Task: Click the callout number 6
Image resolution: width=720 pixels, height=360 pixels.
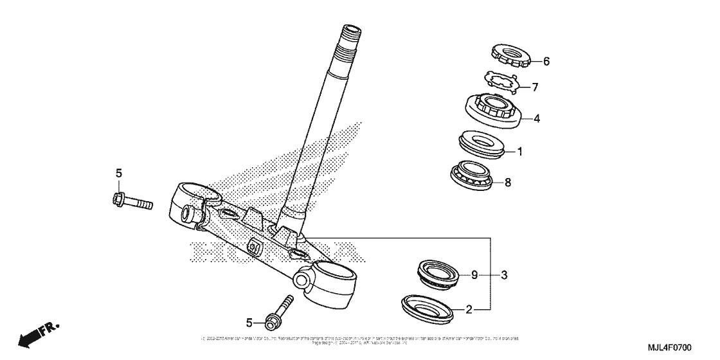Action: pos(546,62)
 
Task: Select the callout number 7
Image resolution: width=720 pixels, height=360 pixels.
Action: pos(535,87)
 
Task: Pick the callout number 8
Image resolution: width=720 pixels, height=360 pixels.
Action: pos(507,182)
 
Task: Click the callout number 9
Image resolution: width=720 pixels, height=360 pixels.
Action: pos(474,275)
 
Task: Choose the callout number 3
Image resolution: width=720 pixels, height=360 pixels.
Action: pos(505,275)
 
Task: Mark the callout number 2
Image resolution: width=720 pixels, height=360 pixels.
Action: pos(469,310)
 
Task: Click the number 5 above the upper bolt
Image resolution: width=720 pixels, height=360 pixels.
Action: pos(118,172)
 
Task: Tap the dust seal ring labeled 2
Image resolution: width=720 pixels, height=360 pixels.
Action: pos(426,307)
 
